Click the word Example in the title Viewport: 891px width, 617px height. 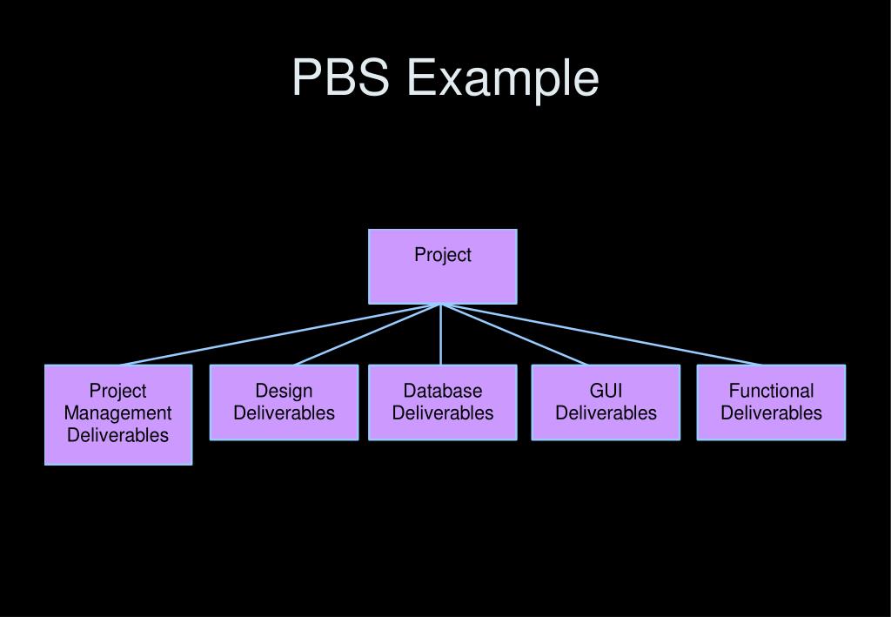point(502,79)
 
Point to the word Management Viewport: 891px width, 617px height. point(118,413)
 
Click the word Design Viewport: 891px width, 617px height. point(284,391)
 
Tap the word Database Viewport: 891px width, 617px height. point(442,391)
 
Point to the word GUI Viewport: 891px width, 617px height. point(606,391)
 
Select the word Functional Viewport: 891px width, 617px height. point(771,391)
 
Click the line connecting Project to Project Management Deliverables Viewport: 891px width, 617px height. point(278,334)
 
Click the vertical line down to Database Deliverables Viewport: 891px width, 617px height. point(441,335)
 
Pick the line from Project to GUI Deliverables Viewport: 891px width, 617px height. point(515,335)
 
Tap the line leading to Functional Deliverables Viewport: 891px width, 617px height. point(600,334)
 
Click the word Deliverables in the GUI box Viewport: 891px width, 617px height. point(606,413)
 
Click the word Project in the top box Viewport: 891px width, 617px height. point(442,255)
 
